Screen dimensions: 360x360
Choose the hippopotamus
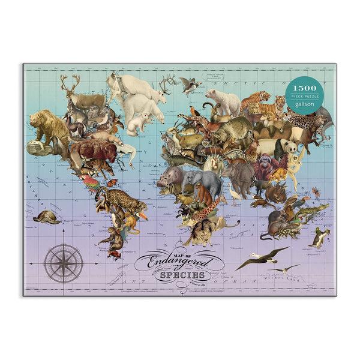click(x=169, y=177)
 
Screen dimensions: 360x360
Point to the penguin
click(x=317, y=237)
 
